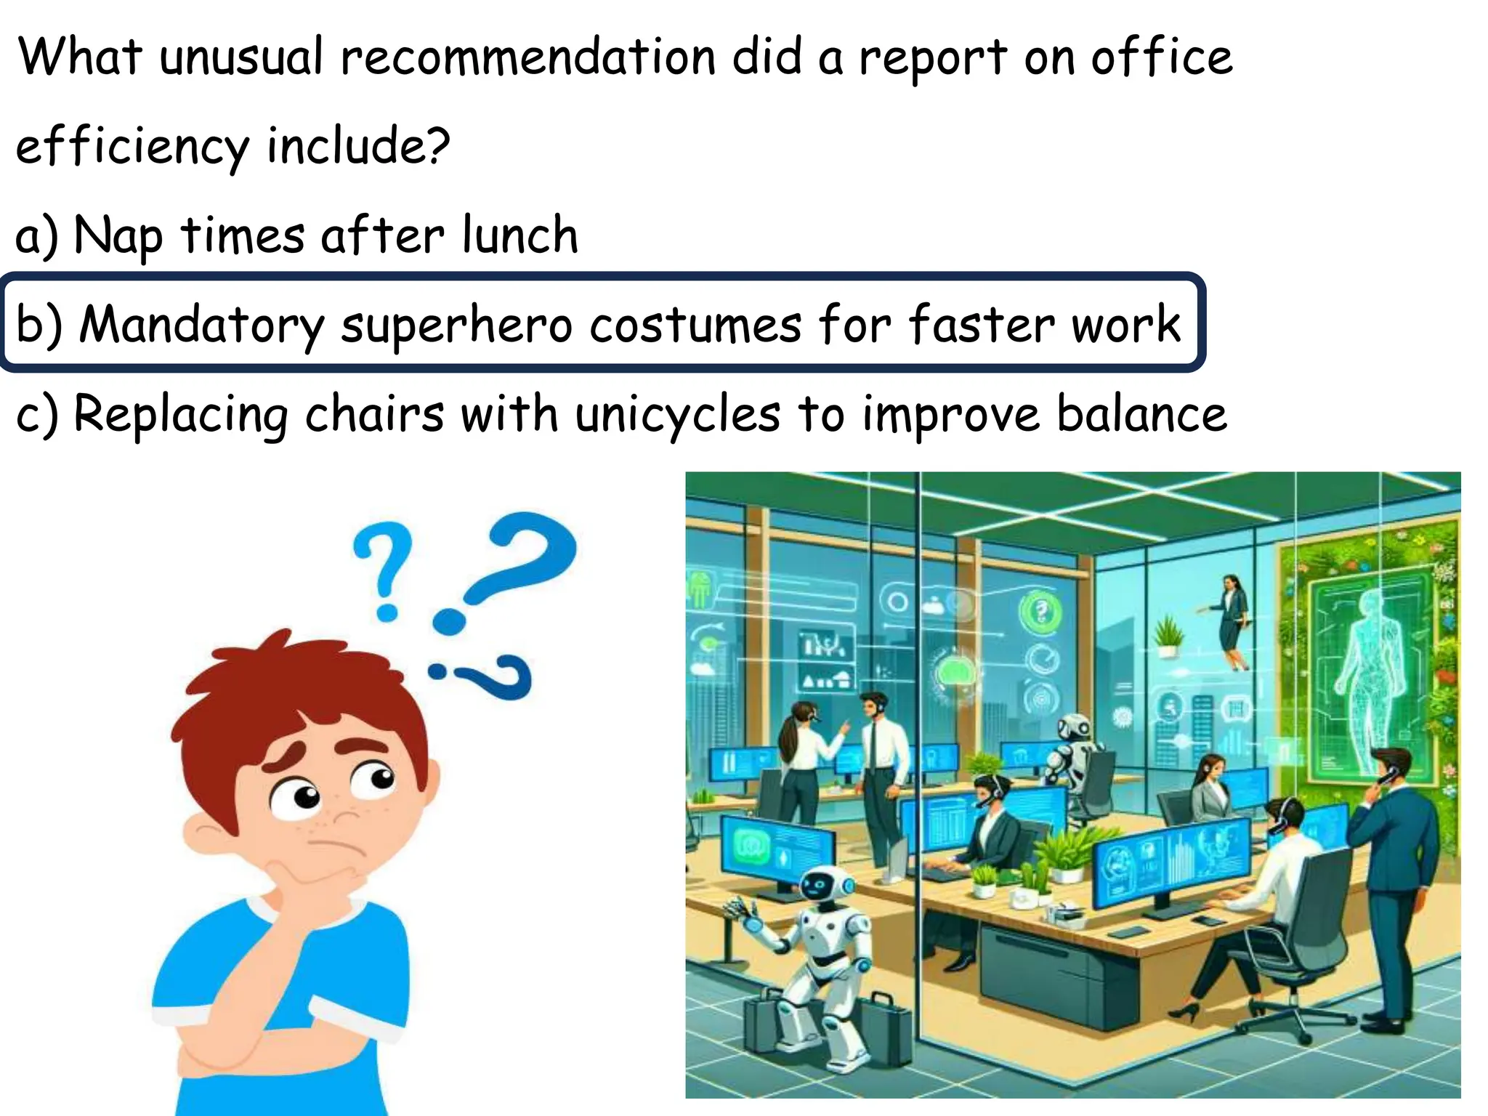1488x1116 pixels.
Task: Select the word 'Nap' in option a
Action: (118, 237)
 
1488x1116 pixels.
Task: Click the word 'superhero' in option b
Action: (457, 324)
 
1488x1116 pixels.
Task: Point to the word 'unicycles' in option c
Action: (678, 414)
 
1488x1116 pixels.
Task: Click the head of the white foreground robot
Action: (824, 886)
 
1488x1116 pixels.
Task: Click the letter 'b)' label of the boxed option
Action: (39, 324)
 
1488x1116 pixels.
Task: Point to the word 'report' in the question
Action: (933, 58)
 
